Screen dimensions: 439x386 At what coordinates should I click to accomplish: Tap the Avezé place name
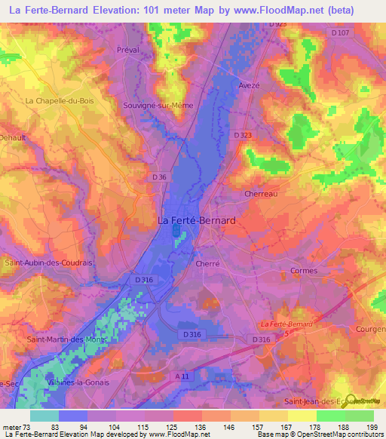249,85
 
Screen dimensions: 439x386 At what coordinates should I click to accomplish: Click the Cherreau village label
262,194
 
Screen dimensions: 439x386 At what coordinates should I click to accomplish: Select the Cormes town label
304,271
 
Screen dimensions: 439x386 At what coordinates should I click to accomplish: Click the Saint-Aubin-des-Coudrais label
49,262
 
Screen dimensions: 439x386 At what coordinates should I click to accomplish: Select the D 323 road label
243,134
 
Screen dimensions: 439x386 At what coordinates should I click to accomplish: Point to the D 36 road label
158,177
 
